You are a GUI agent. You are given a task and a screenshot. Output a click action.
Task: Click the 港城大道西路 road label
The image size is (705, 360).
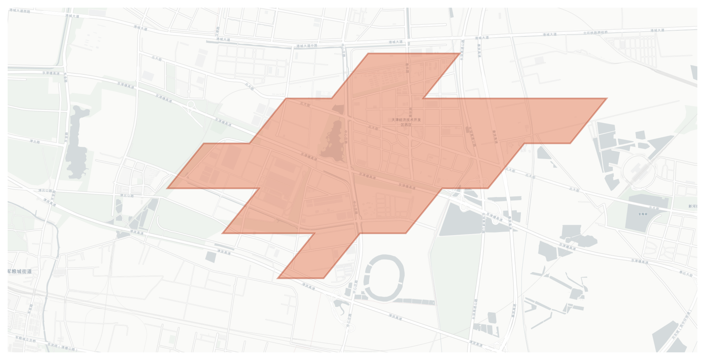(x=19, y=11)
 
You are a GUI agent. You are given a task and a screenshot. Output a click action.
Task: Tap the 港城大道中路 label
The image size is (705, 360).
(x=307, y=46)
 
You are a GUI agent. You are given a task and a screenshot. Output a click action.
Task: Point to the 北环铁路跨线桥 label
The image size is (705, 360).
(x=595, y=33)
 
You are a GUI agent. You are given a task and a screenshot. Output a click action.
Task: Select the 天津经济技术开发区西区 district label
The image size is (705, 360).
(x=406, y=122)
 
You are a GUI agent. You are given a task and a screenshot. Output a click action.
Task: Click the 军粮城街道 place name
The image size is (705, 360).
(x=19, y=271)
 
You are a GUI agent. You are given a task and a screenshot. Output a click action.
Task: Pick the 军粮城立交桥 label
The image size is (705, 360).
(x=26, y=339)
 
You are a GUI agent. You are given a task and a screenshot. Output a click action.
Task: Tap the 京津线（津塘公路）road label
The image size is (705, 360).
(x=62, y=347)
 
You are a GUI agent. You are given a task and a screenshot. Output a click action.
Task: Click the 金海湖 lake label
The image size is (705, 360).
(x=643, y=214)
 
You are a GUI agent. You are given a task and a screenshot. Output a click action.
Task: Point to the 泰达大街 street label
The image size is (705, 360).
(x=686, y=273)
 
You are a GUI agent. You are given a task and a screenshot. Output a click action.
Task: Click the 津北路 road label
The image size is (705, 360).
(x=35, y=142)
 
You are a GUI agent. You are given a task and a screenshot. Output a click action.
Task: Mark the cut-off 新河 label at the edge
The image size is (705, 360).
(x=693, y=206)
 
